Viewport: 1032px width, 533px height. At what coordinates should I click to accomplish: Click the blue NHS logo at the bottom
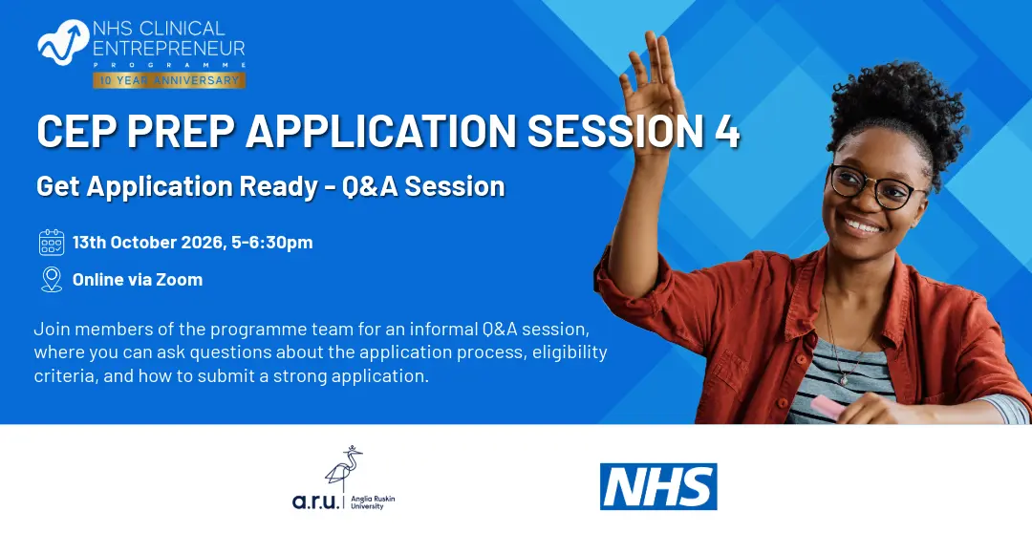coord(658,486)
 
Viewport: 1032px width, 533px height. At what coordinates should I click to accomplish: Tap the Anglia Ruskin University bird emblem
coord(344,467)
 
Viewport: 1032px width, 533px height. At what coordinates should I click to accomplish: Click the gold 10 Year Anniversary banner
coord(169,80)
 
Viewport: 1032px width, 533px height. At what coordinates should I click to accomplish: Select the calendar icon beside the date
coord(52,243)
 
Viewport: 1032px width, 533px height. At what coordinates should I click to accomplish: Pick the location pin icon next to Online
coord(52,280)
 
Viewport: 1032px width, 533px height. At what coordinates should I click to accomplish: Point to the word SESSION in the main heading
coord(614,131)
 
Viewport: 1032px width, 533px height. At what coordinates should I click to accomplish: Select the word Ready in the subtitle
coord(278,187)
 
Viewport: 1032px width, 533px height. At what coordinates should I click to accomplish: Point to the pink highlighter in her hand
coord(828,407)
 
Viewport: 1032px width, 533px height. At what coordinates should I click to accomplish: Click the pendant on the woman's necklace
coord(843,379)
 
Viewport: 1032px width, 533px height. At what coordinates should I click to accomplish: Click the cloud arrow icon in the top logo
coord(63,41)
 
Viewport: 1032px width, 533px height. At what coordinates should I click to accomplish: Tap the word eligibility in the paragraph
coord(570,352)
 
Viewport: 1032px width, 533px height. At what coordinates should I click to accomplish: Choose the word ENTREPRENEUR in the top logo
coord(169,48)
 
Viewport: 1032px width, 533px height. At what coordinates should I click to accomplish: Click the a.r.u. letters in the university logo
coord(316,501)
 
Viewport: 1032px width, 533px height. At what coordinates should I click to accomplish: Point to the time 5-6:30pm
coord(271,243)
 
